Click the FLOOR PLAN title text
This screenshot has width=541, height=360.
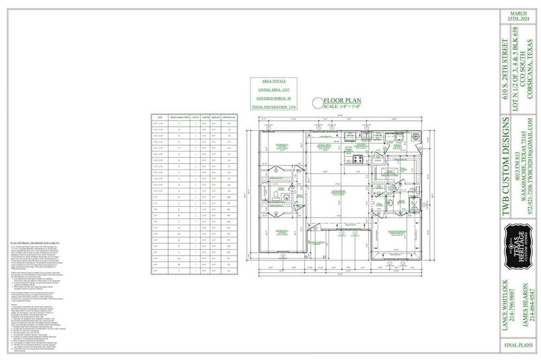340,101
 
